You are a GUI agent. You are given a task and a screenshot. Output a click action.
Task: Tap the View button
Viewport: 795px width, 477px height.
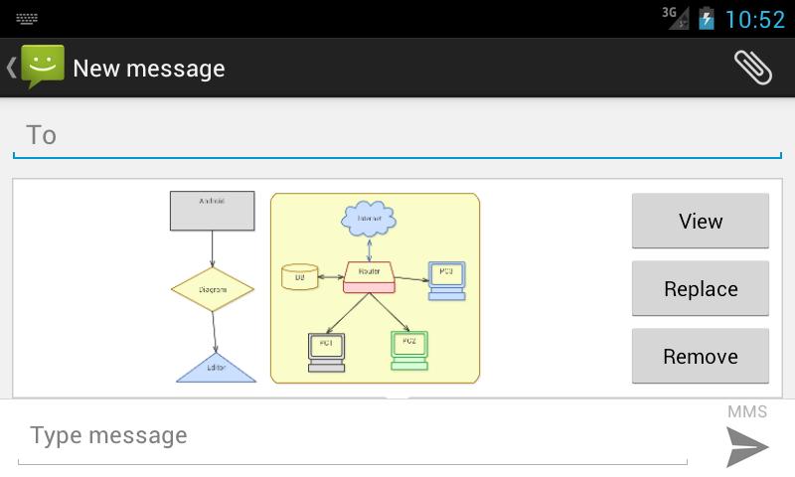click(700, 221)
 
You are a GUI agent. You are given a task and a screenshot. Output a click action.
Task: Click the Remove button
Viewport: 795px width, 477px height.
click(700, 356)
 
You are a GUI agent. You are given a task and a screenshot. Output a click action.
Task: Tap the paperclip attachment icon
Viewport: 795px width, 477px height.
click(752, 68)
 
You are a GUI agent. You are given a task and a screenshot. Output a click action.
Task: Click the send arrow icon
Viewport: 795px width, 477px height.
click(746, 446)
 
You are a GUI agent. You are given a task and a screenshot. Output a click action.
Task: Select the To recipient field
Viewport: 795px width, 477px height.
click(397, 135)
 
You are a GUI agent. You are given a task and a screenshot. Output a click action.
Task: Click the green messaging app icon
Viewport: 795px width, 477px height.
click(42, 68)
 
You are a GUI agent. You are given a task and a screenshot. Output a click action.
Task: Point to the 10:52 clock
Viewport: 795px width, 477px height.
click(755, 19)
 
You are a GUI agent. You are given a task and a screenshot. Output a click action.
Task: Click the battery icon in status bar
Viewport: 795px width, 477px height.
click(707, 18)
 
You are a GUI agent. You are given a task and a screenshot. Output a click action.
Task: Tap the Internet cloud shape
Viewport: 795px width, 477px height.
click(369, 218)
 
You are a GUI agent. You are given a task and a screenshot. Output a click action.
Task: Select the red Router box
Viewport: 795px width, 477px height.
click(369, 276)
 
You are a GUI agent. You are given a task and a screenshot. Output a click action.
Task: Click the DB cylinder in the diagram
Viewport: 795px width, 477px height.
click(299, 276)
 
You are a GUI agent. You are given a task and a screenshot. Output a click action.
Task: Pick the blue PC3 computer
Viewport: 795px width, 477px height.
click(446, 276)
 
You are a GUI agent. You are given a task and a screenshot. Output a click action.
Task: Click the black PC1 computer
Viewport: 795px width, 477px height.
click(326, 350)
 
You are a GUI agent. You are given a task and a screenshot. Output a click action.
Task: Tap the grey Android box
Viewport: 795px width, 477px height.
click(212, 211)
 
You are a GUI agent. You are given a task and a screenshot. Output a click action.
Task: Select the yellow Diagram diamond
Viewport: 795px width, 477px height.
click(212, 289)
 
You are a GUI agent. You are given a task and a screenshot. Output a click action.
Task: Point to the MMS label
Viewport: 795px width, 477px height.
click(747, 411)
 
